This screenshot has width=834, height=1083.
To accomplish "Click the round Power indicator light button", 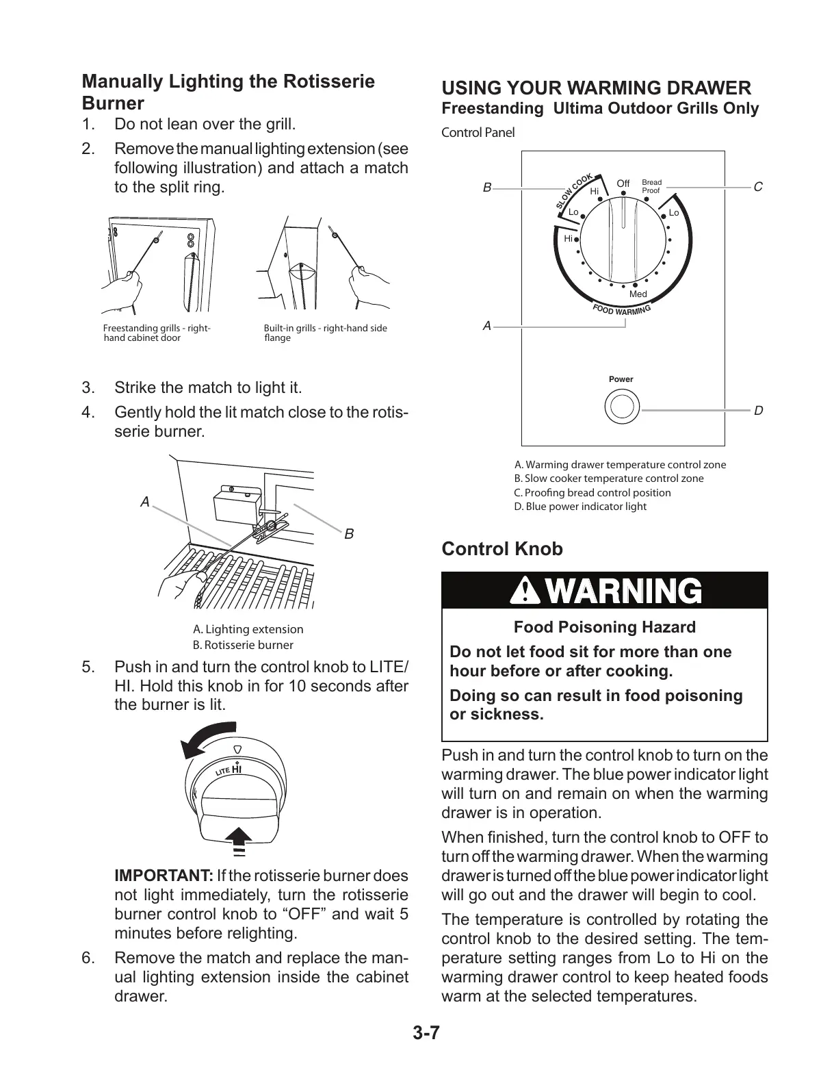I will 621,407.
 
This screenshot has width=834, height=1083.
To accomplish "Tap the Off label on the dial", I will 623,183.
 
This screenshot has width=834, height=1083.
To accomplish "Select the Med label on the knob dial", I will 638,294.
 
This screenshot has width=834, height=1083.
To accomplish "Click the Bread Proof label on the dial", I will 651,186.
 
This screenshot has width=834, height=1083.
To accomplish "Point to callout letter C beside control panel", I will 757,187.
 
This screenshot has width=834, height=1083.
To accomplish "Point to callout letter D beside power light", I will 758,411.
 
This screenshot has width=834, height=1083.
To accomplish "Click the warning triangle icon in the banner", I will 529,591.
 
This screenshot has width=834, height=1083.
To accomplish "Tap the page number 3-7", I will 426,1033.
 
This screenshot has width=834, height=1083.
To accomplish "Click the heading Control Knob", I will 502,549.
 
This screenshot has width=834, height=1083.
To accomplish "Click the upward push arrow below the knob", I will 238,837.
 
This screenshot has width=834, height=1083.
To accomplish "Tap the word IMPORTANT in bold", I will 164,876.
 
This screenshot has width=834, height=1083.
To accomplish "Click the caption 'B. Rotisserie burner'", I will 243,645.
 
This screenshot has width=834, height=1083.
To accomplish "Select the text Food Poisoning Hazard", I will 604,627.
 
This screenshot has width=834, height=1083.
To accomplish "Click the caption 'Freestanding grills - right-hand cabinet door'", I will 156,333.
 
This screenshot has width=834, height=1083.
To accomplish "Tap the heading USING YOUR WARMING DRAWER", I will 596,88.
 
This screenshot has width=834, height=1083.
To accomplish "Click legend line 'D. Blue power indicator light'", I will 580,507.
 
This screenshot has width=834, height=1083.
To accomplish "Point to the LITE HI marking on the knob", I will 230,769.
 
